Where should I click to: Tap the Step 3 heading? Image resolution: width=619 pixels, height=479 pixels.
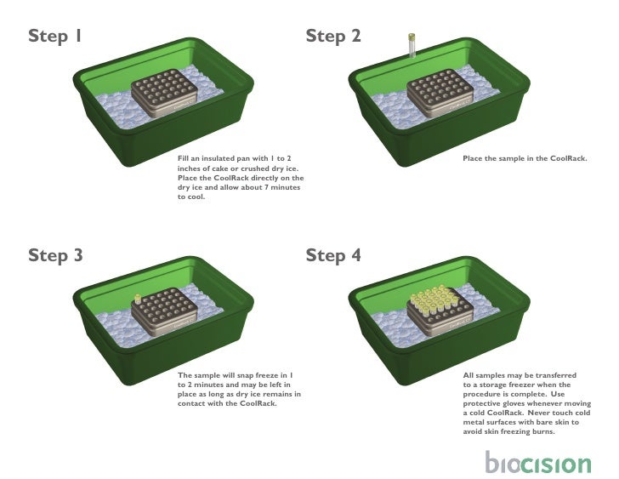(x=55, y=255)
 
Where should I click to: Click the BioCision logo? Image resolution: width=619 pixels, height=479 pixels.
(x=537, y=463)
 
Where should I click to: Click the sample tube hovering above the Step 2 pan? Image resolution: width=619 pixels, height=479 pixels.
(x=412, y=44)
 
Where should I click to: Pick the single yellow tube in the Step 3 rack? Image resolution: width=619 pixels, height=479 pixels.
(x=136, y=299)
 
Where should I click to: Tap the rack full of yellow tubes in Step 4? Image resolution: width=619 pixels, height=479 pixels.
(x=438, y=311)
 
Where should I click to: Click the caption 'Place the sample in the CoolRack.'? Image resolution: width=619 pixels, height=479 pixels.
(x=524, y=159)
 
